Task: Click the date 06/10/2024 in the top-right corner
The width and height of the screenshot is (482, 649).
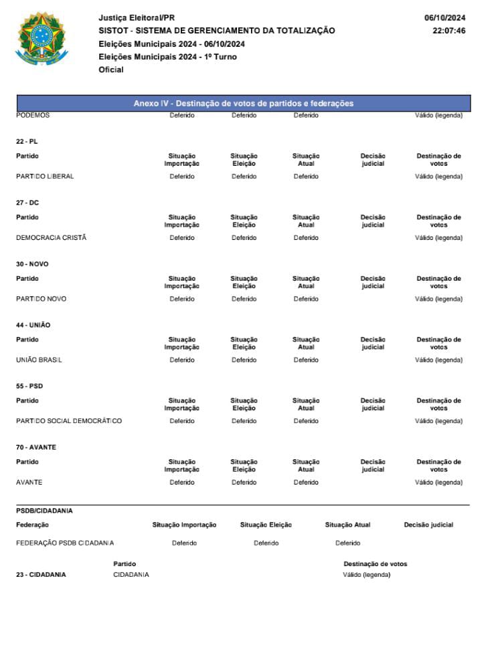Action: click(x=445, y=18)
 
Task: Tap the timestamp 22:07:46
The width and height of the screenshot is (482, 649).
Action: click(x=449, y=31)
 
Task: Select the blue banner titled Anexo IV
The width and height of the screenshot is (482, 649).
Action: click(x=243, y=104)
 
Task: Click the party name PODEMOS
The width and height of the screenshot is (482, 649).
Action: click(x=33, y=115)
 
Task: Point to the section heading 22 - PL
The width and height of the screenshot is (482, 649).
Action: click(x=27, y=142)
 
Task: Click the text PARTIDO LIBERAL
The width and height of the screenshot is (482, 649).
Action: click(x=45, y=176)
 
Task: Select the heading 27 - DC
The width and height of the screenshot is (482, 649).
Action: click(x=27, y=203)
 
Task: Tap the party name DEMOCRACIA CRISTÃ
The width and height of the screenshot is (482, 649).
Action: click(x=52, y=238)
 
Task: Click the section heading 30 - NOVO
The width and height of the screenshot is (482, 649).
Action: click(x=32, y=264)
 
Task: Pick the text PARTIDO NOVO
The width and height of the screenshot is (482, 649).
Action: click(x=41, y=299)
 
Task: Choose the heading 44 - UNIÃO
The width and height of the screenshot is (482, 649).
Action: click(x=33, y=325)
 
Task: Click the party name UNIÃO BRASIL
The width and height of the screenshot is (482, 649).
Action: click(x=39, y=360)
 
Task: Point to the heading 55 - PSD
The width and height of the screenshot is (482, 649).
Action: click(x=29, y=386)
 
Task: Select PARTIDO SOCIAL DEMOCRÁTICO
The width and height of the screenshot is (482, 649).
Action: click(x=69, y=421)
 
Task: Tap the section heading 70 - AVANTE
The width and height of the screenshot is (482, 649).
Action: click(x=36, y=447)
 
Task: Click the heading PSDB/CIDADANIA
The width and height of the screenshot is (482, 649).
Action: click(x=44, y=511)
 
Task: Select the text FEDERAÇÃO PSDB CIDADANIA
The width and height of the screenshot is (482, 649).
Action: click(x=65, y=543)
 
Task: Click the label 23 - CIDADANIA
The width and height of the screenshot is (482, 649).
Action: click(x=41, y=574)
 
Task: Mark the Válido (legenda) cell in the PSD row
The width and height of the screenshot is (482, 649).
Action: click(x=438, y=421)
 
